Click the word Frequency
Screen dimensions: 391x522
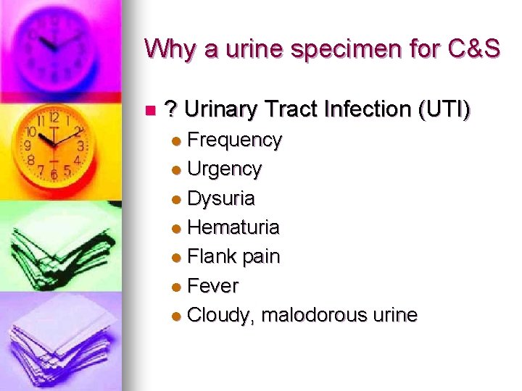tap(234, 140)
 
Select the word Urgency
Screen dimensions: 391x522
tap(224, 169)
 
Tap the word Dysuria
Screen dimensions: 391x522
tap(221, 198)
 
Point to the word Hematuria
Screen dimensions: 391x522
tap(233, 227)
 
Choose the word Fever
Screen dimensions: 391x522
tap(212, 286)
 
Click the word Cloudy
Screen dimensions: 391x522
tap(220, 316)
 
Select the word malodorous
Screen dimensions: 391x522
tap(312, 316)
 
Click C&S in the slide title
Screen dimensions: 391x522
tap(476, 49)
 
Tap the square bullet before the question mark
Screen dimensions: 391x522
tap(149, 111)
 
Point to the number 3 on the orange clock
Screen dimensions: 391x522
tap(80, 146)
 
